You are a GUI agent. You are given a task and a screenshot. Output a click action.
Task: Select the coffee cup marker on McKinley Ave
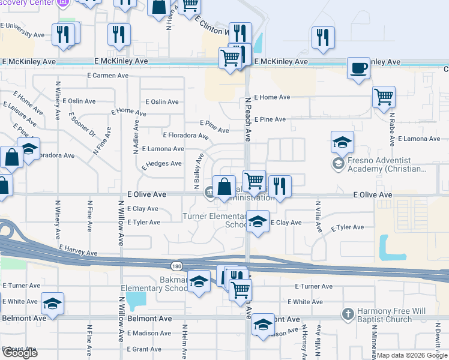[358, 68]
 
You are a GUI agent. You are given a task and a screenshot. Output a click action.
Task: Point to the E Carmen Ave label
[108, 76]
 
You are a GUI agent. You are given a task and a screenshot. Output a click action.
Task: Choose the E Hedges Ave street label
[161, 163]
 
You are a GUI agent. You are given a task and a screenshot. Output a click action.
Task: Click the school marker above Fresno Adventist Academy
[342, 143]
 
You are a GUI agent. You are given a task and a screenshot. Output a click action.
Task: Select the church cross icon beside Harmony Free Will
[348, 314]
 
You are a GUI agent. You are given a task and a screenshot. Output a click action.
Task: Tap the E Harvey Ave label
[78, 250]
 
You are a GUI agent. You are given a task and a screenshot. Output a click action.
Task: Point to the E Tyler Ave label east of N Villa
[348, 227]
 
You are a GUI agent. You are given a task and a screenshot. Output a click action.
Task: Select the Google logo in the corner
[19, 353]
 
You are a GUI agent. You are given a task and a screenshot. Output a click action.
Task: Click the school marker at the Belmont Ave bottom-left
[52, 305]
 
